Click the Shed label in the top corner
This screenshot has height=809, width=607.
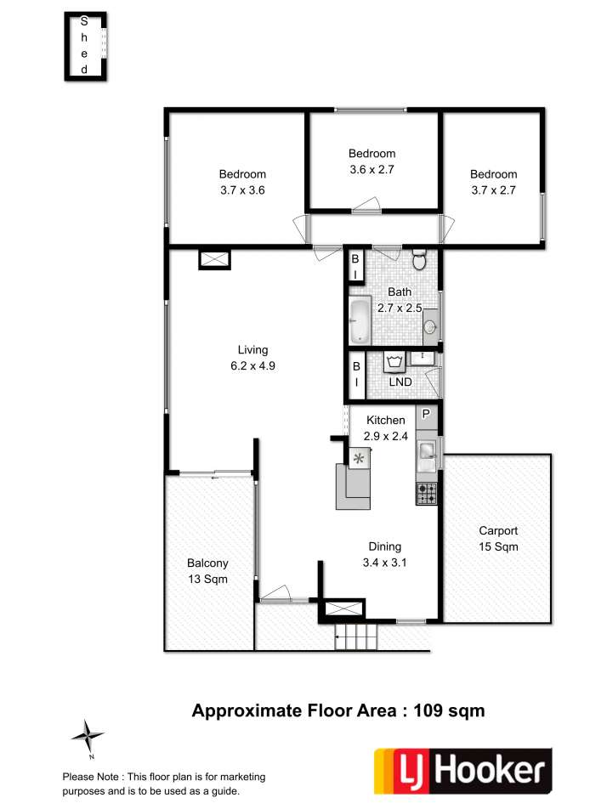(84, 45)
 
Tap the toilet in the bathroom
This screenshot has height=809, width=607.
(419, 259)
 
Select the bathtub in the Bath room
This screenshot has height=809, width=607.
(360, 321)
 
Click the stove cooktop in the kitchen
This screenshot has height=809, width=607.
(427, 493)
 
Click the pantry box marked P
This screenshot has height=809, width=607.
(427, 414)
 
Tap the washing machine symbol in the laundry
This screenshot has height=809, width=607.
(394, 362)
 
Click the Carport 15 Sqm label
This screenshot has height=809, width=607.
(498, 539)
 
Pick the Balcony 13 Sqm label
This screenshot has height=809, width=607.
(207, 571)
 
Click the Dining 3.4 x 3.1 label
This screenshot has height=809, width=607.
(384, 555)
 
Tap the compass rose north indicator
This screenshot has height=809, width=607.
(88, 736)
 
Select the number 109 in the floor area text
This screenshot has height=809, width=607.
(428, 710)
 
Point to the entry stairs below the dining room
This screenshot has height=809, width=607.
(356, 636)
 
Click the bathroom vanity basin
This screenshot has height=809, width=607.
(430, 326)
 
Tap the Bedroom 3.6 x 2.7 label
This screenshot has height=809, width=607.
(372, 161)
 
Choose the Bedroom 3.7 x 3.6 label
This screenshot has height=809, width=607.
(242, 182)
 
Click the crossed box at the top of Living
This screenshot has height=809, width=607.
(214, 259)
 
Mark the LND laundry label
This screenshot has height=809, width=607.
(400, 382)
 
